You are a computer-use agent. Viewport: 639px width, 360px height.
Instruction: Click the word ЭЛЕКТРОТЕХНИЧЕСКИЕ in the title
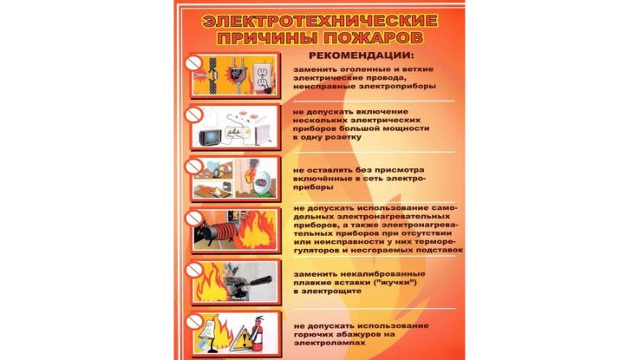(x=319, y=21)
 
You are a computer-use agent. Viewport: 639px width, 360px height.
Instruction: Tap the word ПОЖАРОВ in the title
(x=375, y=38)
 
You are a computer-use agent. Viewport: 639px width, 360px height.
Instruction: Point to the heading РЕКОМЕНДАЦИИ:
(x=361, y=56)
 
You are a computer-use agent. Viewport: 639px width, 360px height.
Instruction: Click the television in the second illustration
(x=211, y=137)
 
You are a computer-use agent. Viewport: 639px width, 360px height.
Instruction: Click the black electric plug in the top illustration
(x=236, y=72)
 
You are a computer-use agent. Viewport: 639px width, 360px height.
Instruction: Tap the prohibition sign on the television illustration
(x=193, y=115)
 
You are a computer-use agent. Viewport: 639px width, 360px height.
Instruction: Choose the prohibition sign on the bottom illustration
(x=194, y=322)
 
